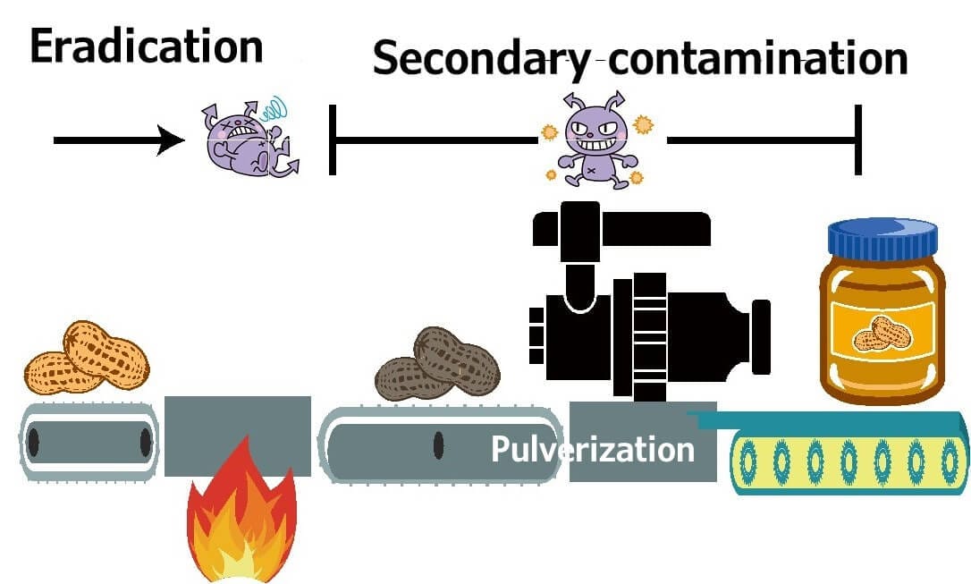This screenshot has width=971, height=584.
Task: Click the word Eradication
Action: pyautogui.click(x=146, y=47)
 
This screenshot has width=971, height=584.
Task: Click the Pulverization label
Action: pyautogui.click(x=592, y=448)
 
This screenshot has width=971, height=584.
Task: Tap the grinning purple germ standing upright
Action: pyautogui.click(x=592, y=139)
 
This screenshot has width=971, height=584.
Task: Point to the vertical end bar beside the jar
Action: pyautogui.click(x=858, y=140)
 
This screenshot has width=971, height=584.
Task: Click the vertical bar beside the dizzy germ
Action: pyautogui.click(x=332, y=140)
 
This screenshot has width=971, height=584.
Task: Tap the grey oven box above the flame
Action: pyautogui.click(x=238, y=436)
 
